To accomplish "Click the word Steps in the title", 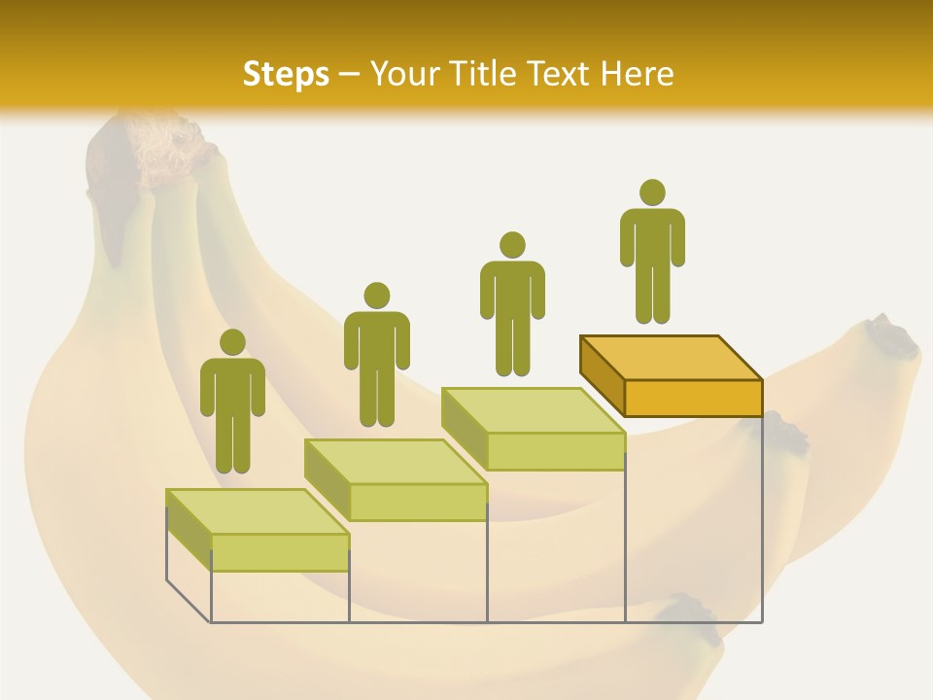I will (x=286, y=74).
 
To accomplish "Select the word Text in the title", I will (x=561, y=74).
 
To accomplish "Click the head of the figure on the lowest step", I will (x=232, y=342).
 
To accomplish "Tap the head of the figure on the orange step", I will (x=652, y=192).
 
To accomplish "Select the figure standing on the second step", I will (x=376, y=355).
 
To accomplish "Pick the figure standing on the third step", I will (x=512, y=303).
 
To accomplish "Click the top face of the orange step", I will (x=671, y=357).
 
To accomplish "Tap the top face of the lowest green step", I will (x=258, y=511).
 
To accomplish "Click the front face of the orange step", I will (x=693, y=398).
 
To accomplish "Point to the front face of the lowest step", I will (x=280, y=552).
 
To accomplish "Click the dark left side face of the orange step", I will (x=602, y=373).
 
